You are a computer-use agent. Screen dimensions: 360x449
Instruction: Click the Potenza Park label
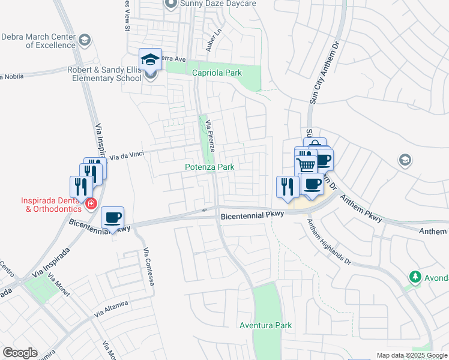(x=209, y=167)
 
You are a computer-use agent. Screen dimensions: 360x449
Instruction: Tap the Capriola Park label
(x=217, y=73)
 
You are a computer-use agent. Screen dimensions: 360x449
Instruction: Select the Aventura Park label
(x=265, y=325)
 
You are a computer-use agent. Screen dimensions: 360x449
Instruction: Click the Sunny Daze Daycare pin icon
(x=170, y=4)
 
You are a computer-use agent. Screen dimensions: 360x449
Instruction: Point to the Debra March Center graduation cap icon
(x=85, y=40)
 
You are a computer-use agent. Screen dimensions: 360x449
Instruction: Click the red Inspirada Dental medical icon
(x=91, y=204)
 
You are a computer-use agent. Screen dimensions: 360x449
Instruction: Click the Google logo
(x=20, y=353)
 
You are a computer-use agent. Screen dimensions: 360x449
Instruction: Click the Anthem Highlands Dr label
(x=330, y=241)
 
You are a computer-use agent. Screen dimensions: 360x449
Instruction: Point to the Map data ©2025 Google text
(x=412, y=355)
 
